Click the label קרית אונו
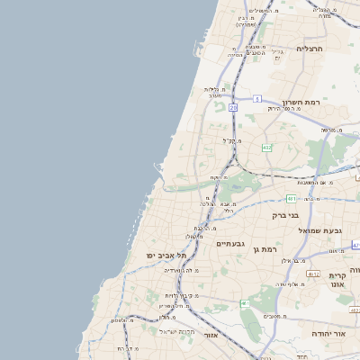[x=337, y=279]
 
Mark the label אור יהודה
[x=336, y=333]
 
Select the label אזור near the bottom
[x=211, y=335]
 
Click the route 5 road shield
[x=256, y=98]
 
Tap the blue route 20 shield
[x=233, y=107]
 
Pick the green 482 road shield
[x=266, y=147]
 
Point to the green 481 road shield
[x=291, y=198]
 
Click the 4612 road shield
[x=313, y=274]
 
